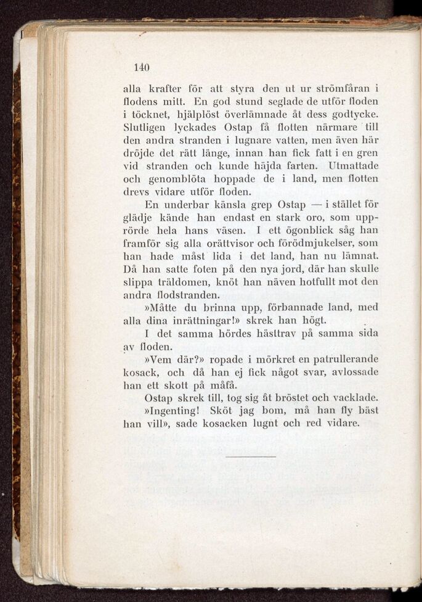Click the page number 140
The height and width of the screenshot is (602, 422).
[x=142, y=67]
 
